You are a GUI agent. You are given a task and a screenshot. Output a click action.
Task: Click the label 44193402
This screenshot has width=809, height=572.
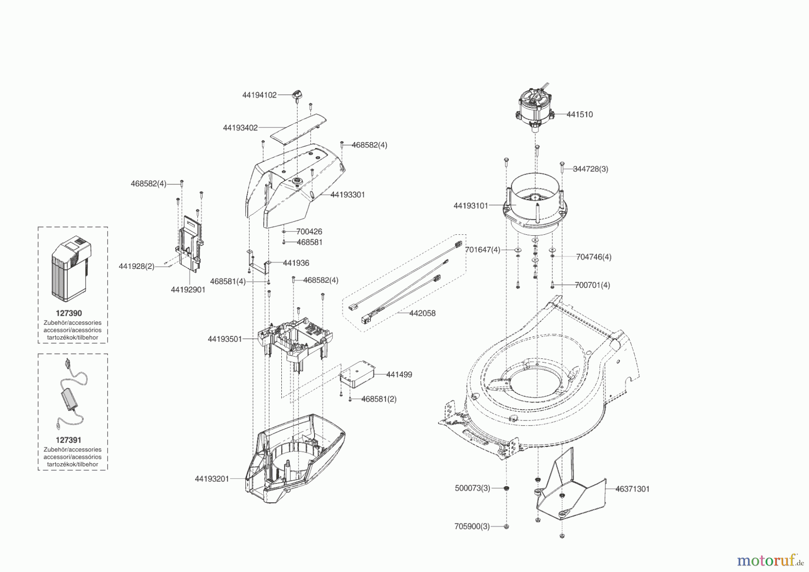(240, 128)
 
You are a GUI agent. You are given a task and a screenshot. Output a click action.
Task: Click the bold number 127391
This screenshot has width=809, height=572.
(68, 440)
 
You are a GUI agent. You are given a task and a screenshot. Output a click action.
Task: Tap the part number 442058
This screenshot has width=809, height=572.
(422, 313)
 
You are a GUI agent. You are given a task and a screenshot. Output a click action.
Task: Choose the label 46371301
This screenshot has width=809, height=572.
(632, 489)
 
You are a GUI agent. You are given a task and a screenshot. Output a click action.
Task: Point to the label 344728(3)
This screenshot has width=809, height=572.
(591, 169)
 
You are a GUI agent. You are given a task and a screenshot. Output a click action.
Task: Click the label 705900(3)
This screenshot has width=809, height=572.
(472, 526)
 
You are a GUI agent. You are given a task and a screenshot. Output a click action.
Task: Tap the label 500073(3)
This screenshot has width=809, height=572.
(472, 488)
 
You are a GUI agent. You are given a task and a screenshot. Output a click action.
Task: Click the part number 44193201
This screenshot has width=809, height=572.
(212, 479)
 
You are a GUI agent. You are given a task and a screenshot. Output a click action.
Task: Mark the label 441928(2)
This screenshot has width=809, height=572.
(136, 267)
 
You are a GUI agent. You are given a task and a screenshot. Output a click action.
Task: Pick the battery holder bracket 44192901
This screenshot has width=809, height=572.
(189, 245)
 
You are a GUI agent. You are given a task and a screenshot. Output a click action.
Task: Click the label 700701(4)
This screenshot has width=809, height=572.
(592, 285)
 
